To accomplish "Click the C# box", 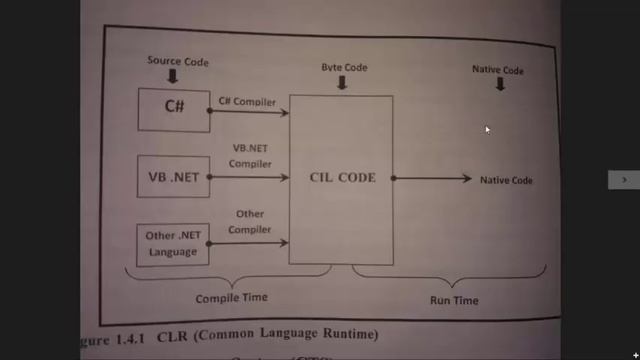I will (173, 109).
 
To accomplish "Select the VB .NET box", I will (173, 178).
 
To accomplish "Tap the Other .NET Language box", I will (173, 244).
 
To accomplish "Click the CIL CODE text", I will (342, 178).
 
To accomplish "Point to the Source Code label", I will (178, 61).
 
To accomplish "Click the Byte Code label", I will (344, 67).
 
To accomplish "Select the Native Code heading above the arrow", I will (498, 70).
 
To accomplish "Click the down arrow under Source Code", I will (174, 77).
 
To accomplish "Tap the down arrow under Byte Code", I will (342, 84).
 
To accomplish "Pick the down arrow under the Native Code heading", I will (500, 85).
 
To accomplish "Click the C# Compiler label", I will (246, 101).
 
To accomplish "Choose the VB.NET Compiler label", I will (250, 155).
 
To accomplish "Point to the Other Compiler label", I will (250, 222).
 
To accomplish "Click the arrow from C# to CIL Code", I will (249, 111).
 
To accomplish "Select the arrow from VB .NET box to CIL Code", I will (249, 178).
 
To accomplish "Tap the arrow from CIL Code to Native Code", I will (432, 179).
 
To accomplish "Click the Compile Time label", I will (231, 297).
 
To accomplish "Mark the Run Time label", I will (454, 300).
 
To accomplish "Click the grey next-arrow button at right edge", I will (624, 179).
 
